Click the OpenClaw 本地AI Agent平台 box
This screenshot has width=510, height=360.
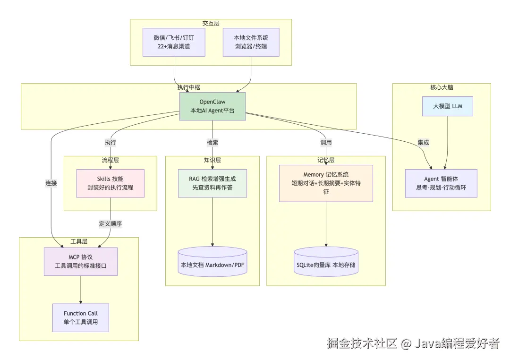(212, 106)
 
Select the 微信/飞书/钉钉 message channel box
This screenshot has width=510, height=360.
(174, 42)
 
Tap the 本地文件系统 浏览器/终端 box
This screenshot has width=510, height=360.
(251, 42)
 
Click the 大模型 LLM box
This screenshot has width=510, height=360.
(448, 106)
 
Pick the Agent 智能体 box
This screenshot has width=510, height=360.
(441, 183)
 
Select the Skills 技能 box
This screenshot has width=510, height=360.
(110, 183)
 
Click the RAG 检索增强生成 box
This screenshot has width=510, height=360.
(212, 183)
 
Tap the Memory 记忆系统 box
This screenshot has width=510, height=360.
(326, 183)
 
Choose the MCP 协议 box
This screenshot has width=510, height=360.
(81, 261)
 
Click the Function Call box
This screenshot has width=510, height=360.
(81, 317)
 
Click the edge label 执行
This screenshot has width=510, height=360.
(110, 142)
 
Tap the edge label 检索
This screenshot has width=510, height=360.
(212, 142)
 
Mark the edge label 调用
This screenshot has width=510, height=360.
(326, 142)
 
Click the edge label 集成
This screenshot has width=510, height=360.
(423, 142)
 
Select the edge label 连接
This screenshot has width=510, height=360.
(51, 183)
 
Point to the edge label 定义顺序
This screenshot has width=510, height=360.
(110, 223)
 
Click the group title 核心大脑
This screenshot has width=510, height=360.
(442, 87)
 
